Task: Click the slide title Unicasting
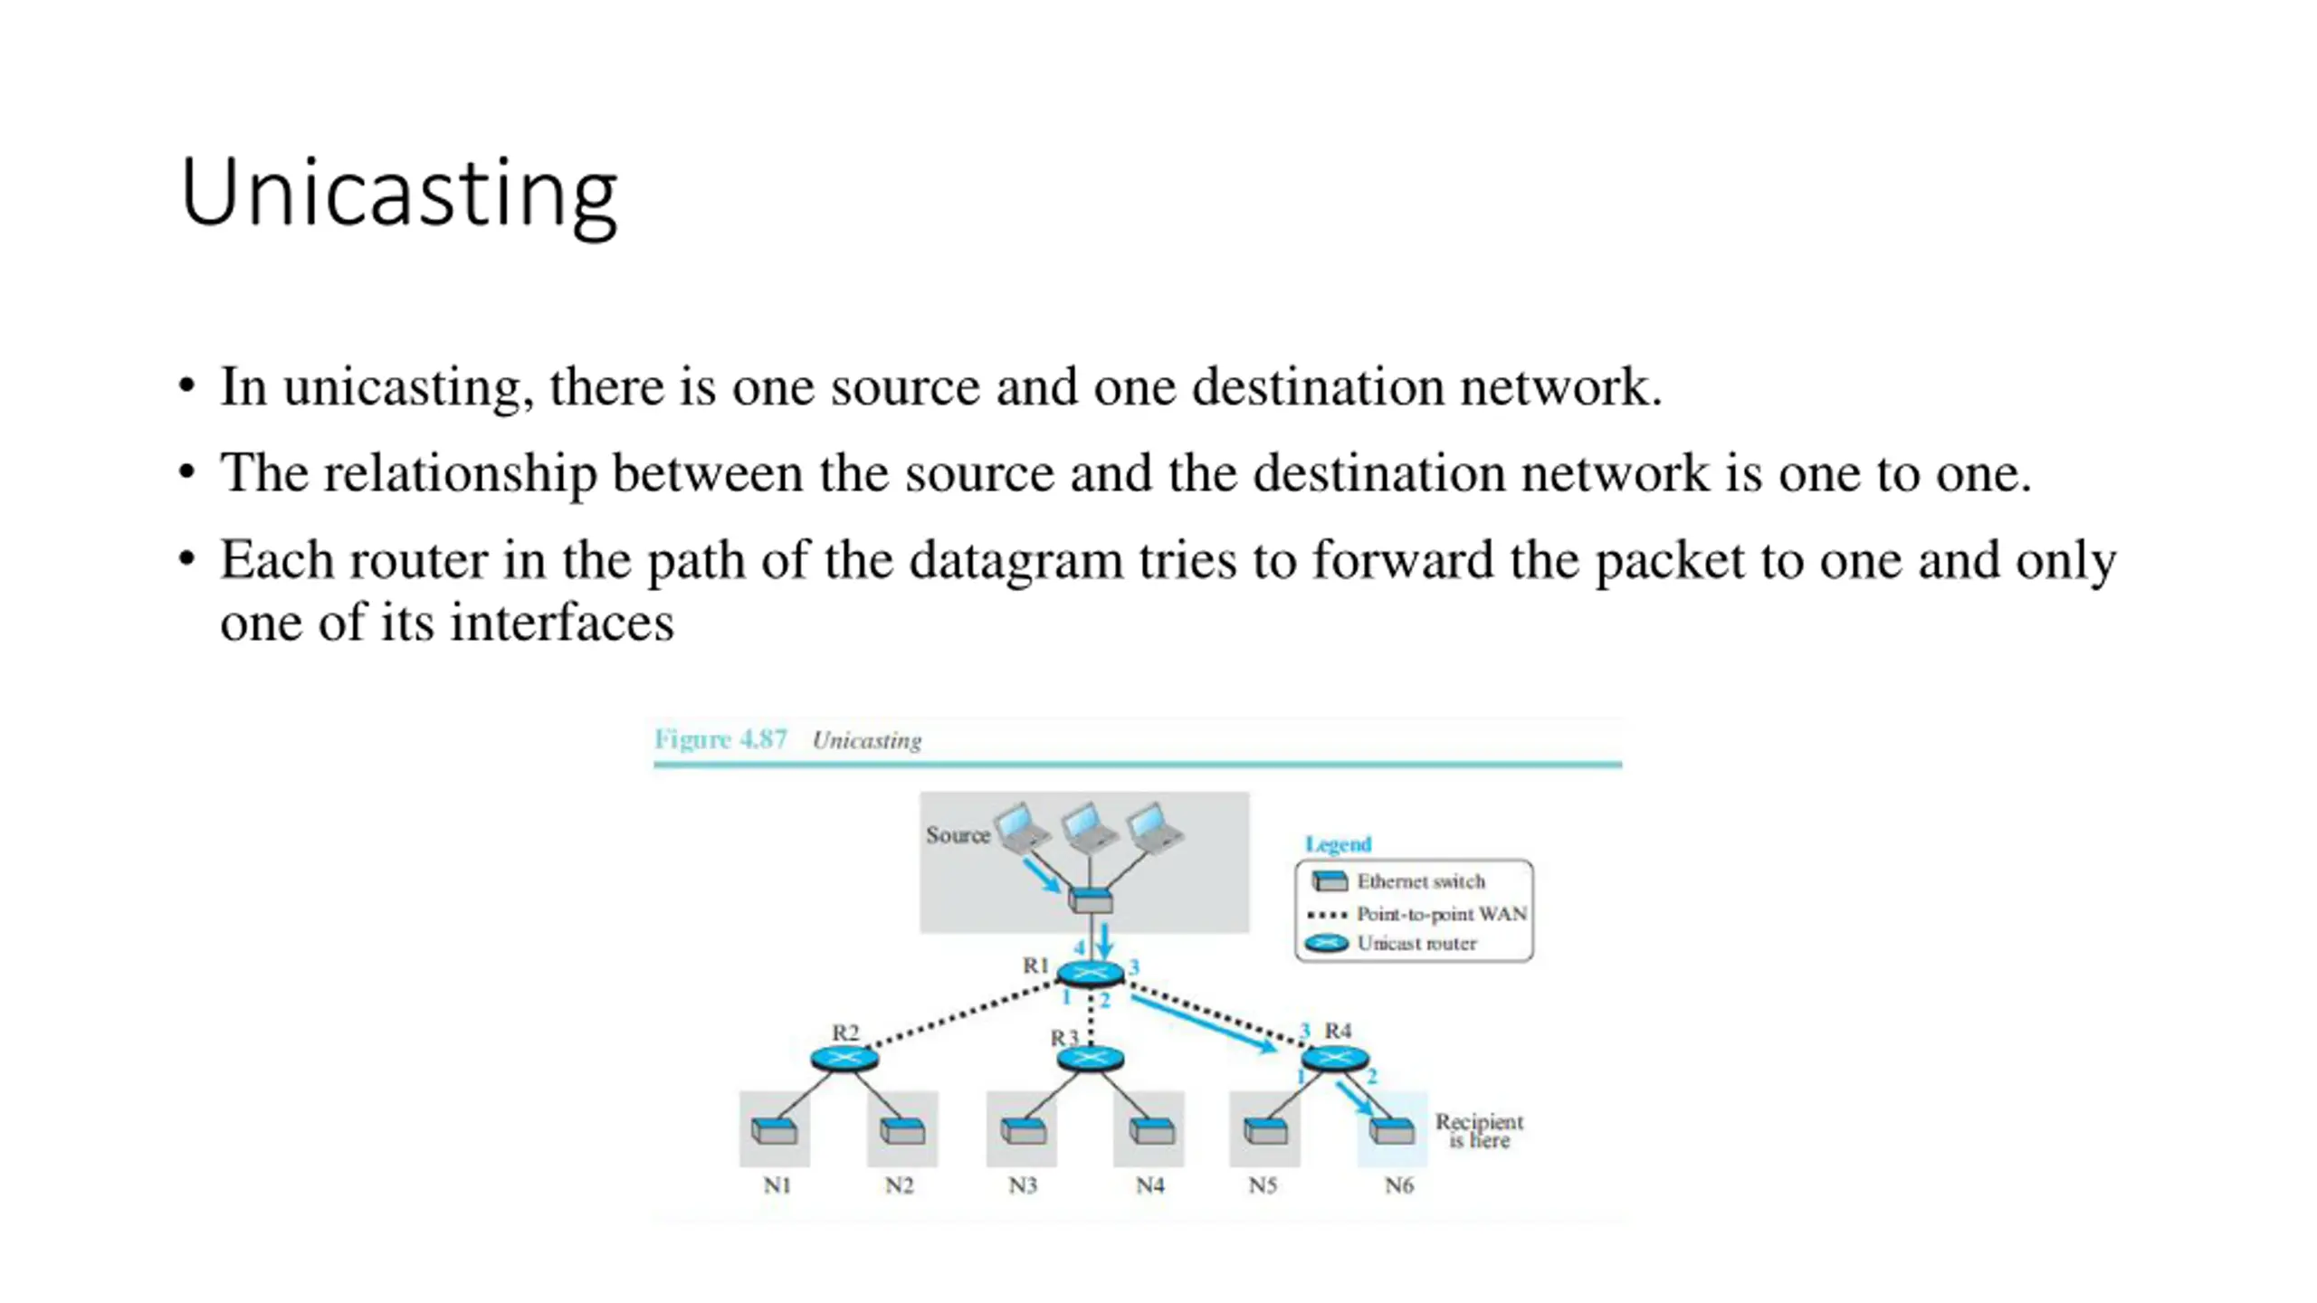coord(398,194)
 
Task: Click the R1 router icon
coord(1090,974)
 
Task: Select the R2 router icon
coord(844,1058)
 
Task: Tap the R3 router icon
coord(1090,1058)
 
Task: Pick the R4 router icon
coord(1334,1058)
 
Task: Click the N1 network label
coord(777,1185)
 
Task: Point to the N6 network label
coord(1398,1185)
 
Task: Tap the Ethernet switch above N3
coord(1023,1130)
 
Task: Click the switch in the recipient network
coord(1391,1130)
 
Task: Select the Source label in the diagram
coord(957,835)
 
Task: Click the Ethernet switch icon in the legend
coord(1329,881)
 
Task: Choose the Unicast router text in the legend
coord(1416,944)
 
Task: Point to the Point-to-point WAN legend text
coord(1441,914)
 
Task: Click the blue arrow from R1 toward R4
coord(1204,1024)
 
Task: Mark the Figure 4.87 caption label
coord(720,739)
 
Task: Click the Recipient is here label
coord(1479,1131)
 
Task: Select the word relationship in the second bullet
coord(460,473)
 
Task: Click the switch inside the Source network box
coord(1090,900)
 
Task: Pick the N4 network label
coord(1149,1185)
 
